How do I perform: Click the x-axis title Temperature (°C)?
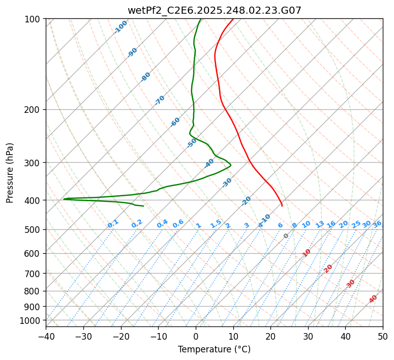coord(214,350)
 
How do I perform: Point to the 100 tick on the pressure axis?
coord(34,19)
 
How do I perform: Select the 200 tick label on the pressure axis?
coord(34,110)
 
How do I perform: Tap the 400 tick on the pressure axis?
coord(34,200)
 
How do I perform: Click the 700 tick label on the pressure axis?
coord(34,274)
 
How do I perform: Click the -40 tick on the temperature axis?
coord(46,337)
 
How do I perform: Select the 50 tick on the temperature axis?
coord(383,337)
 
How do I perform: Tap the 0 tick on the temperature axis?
coord(196,337)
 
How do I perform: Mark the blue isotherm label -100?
coord(120,27)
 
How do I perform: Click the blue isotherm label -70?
coord(160,100)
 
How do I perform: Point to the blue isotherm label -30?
coord(227,183)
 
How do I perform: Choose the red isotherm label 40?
coord(373,299)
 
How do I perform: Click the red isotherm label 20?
coord(328,268)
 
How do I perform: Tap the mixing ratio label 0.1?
coord(113,224)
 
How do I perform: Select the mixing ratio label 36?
coord(377,224)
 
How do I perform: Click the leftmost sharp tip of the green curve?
coord(64,199)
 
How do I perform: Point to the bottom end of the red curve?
coord(282,206)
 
